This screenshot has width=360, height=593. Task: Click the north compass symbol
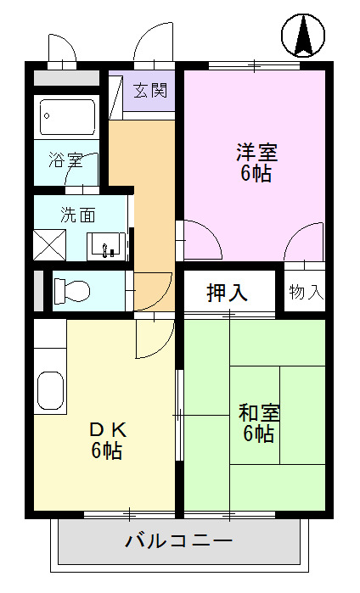pyautogui.click(x=303, y=35)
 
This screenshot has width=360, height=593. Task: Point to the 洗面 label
pyautogui.click(x=72, y=215)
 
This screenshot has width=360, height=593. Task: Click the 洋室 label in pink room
pyautogui.click(x=256, y=154)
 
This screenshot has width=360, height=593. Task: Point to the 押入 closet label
pyautogui.click(x=228, y=293)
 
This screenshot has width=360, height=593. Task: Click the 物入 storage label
pyautogui.click(x=306, y=293)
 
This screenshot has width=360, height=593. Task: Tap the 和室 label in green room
pyautogui.click(x=258, y=413)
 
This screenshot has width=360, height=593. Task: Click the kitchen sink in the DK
pyautogui.click(x=50, y=391)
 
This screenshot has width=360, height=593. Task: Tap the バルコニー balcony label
pyautogui.click(x=177, y=540)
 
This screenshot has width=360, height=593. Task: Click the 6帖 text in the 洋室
pyautogui.click(x=256, y=175)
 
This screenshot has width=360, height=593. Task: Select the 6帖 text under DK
pyautogui.click(x=107, y=450)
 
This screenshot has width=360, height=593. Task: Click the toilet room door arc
pyautogui.click(x=152, y=292)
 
